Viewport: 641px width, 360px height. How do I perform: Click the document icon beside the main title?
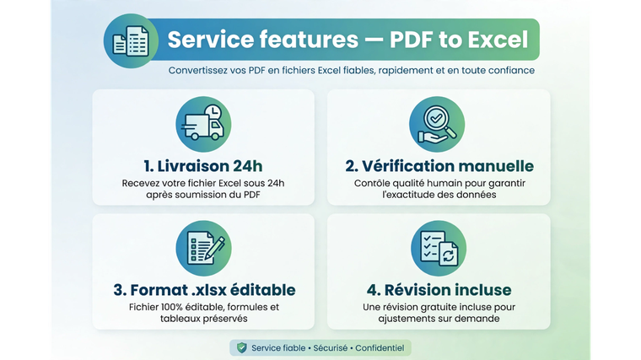pos(131,40)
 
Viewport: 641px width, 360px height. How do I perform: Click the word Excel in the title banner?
pos(498,40)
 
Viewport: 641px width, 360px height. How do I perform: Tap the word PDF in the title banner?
pos(411,40)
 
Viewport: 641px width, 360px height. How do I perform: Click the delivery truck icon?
pos(202,126)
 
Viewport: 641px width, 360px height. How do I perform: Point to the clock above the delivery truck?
pos(213,112)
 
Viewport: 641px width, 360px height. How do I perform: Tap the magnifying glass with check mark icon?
pos(437,124)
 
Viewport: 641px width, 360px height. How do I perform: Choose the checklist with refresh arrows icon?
pos(439,248)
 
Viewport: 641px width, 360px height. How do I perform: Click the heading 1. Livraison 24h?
pos(203,166)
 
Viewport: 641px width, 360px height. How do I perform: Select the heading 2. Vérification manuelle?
pos(439,166)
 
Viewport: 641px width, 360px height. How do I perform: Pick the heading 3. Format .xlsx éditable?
pos(204,290)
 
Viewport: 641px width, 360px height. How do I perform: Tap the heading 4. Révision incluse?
pos(439,290)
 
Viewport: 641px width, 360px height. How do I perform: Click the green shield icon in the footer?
pos(242,347)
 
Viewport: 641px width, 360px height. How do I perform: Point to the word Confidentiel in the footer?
pos(380,348)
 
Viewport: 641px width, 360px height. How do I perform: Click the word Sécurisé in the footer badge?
pos(331,348)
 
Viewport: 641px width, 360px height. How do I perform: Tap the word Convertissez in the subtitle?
pos(198,70)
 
